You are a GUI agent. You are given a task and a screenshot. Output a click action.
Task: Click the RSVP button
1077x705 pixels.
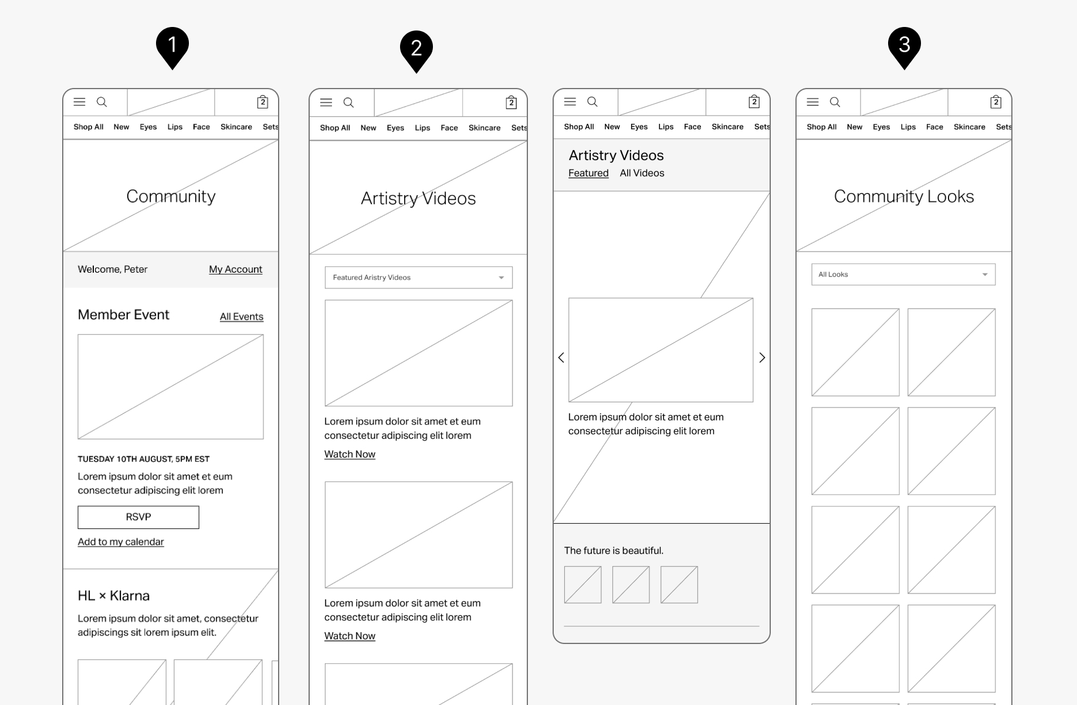(x=138, y=517)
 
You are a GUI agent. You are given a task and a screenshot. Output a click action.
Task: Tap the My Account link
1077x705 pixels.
(x=235, y=269)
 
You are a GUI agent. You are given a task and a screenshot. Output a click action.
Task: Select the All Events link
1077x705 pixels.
(x=242, y=317)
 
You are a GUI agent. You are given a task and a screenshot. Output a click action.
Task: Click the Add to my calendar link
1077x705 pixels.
(x=121, y=541)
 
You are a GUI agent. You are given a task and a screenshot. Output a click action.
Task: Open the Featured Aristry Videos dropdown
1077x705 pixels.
(x=419, y=277)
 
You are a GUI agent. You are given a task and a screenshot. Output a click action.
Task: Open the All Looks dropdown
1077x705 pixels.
(x=903, y=274)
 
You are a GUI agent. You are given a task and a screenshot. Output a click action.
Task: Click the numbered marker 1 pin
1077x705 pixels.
(x=172, y=48)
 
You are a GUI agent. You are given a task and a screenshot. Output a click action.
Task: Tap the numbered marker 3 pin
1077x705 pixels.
(x=905, y=48)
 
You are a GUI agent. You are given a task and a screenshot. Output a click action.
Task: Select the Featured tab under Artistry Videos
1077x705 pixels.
(x=588, y=173)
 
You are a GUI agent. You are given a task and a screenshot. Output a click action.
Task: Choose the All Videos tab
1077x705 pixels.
(x=642, y=173)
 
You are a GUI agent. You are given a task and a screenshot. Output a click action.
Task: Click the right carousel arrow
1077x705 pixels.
(x=762, y=357)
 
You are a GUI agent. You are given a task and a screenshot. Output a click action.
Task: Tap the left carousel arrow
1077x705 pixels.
(x=561, y=357)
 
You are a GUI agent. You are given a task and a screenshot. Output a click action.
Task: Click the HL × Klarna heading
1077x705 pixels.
(x=114, y=595)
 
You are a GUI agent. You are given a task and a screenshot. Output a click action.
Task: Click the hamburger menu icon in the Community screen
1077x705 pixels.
(x=79, y=102)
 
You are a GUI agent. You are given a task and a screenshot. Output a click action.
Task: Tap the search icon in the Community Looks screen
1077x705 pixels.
(x=835, y=102)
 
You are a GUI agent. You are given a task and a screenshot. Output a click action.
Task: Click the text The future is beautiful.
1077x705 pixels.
(x=614, y=550)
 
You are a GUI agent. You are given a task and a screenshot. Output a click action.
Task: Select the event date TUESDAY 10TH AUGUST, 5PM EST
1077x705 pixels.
(x=144, y=459)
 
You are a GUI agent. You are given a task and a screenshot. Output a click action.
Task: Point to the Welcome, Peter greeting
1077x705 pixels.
(x=113, y=269)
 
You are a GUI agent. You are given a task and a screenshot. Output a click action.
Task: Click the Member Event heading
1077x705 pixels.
(x=123, y=314)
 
